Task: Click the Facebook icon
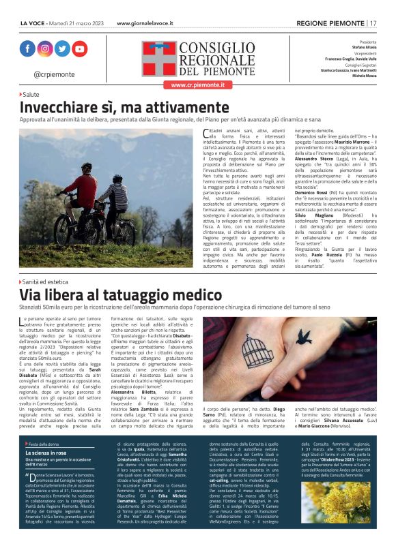27,49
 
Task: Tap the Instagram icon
45,49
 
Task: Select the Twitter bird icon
63,49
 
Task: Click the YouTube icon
80,49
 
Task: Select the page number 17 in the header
383,23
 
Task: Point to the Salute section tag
31,94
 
